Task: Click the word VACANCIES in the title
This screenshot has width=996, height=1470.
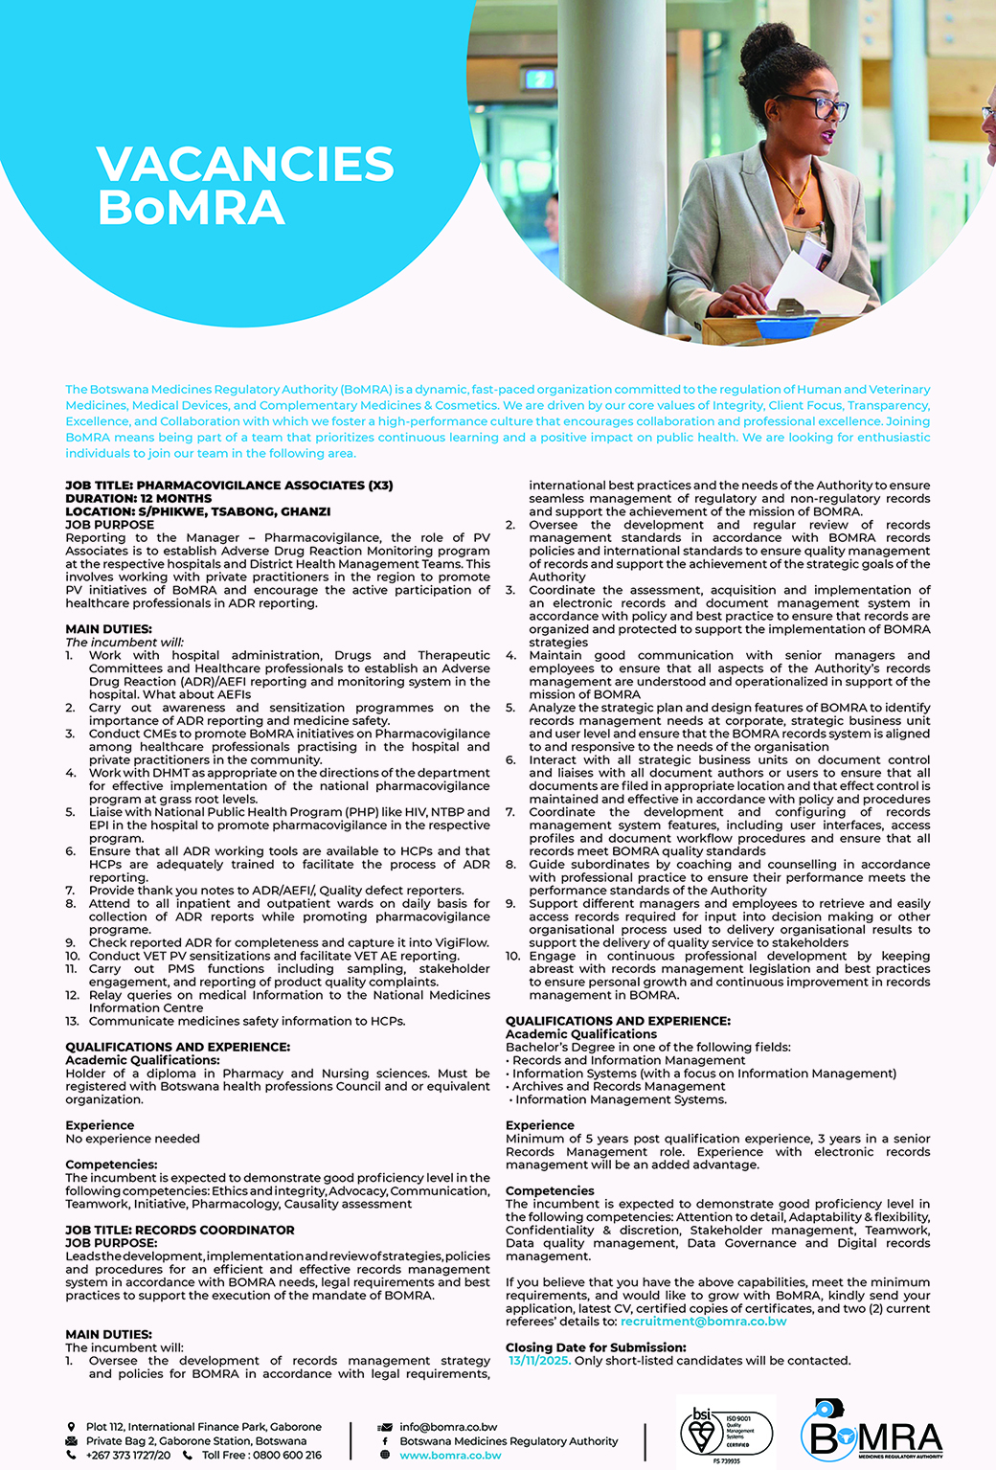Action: point(245,164)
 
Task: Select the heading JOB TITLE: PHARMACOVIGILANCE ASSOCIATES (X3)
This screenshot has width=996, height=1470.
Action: point(229,486)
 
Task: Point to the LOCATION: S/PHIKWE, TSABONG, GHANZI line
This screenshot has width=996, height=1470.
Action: point(198,511)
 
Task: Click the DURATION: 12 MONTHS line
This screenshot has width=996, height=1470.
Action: point(139,498)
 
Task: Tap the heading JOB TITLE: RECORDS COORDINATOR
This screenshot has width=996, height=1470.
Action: point(180,1230)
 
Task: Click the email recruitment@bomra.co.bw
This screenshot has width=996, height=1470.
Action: point(703,1322)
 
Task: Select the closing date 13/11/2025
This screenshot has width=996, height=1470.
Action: point(539,1361)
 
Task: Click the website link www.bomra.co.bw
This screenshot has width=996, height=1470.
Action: point(450,1456)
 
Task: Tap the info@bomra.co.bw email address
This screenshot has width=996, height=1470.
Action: point(448,1427)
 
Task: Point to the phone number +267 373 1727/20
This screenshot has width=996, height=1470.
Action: point(128,1455)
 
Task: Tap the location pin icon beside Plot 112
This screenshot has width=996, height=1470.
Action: point(72,1427)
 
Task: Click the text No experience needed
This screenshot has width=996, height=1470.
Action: point(132,1139)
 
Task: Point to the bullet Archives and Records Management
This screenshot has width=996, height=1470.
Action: point(619,1086)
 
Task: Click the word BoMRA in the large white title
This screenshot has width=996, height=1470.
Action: point(192,208)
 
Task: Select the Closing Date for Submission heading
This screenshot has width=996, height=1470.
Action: point(596,1347)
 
